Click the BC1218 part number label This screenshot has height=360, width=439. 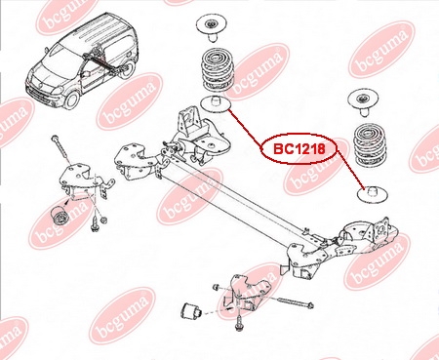click(x=299, y=149)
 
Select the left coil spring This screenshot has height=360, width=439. click(x=217, y=69)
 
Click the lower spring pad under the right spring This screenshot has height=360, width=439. click(x=372, y=193)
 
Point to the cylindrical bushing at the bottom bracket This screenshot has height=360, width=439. click(x=191, y=311)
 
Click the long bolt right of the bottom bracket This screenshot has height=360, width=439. click(x=296, y=302)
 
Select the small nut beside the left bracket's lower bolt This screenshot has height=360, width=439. click(x=103, y=220)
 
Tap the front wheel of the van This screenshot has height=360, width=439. click(x=72, y=100)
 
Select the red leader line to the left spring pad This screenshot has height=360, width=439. click(x=246, y=130)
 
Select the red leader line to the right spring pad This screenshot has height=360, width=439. click(x=350, y=169)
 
